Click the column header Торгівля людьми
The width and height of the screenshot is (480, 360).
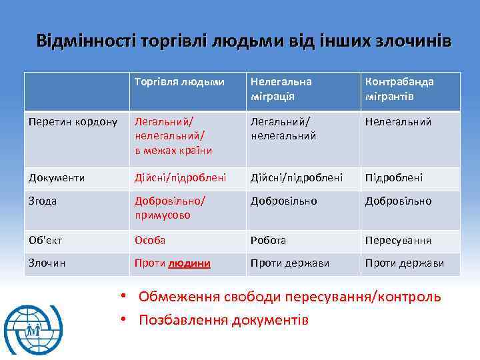click(179, 81)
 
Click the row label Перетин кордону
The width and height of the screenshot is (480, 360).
click(73, 122)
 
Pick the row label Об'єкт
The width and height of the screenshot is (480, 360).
click(45, 240)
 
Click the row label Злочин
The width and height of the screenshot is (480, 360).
click(47, 263)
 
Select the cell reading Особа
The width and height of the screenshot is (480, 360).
click(150, 240)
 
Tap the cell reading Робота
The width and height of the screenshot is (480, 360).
click(268, 240)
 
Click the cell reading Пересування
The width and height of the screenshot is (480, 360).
click(398, 240)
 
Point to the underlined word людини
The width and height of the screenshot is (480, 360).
click(189, 263)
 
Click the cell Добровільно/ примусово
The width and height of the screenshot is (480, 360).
click(170, 208)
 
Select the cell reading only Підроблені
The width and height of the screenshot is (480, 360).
click(394, 177)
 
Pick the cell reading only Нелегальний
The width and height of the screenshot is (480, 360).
click(398, 122)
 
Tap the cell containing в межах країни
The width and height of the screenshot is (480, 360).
click(173, 150)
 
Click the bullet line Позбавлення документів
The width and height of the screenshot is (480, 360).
click(223, 320)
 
